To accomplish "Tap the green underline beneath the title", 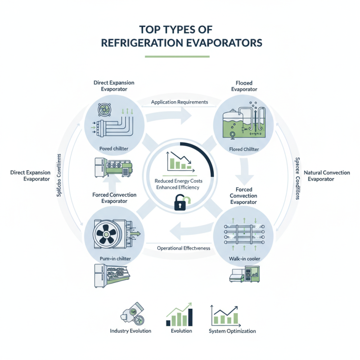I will pos(177,57).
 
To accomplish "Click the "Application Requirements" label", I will pos(179,102).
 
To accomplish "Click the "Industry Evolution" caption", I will pos(130,331).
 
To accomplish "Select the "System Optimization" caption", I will pos(232,331).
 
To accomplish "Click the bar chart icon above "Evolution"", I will pos(179,315).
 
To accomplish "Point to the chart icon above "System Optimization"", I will pos(226,315).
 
